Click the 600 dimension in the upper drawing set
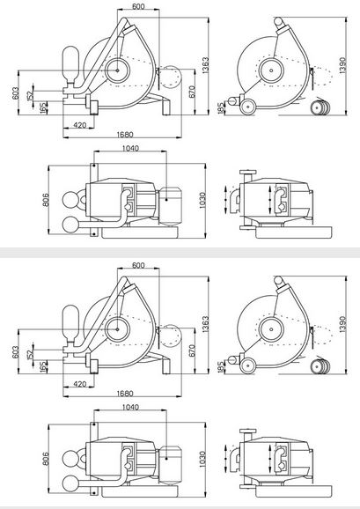[x=138, y=6]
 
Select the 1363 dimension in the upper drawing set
[x=205, y=65]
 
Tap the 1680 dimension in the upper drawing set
[x=125, y=134]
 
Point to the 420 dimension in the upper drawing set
[x=80, y=125]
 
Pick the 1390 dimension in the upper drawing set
[x=342, y=65]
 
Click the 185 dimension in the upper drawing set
[x=221, y=108]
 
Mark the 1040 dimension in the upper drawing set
[x=130, y=148]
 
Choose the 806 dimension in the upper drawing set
[x=46, y=200]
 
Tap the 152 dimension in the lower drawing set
[x=30, y=354]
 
